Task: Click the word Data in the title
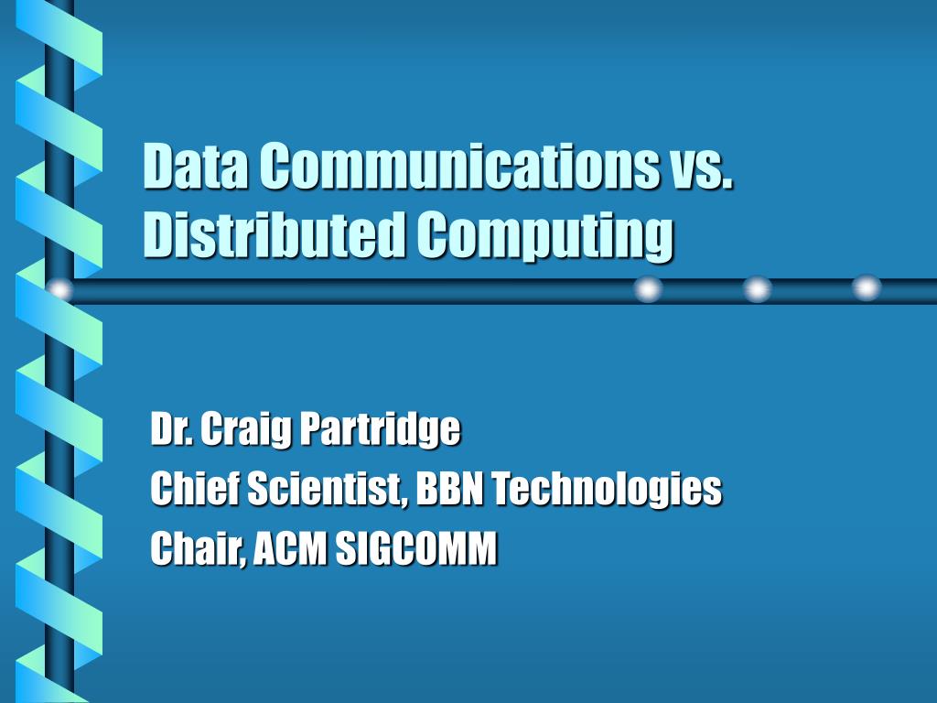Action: coord(196,166)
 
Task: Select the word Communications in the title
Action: coord(458,166)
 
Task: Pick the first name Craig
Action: coord(245,430)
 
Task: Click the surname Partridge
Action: coord(380,430)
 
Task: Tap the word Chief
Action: coord(195,488)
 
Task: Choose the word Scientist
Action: coord(327,489)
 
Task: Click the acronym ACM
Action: coord(290,548)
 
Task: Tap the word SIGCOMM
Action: coord(416,548)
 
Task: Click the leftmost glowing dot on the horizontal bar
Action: coord(59,290)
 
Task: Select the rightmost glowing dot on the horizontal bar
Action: coord(867,288)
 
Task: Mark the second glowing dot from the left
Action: coord(649,289)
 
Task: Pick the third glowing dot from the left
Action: coord(757,289)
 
